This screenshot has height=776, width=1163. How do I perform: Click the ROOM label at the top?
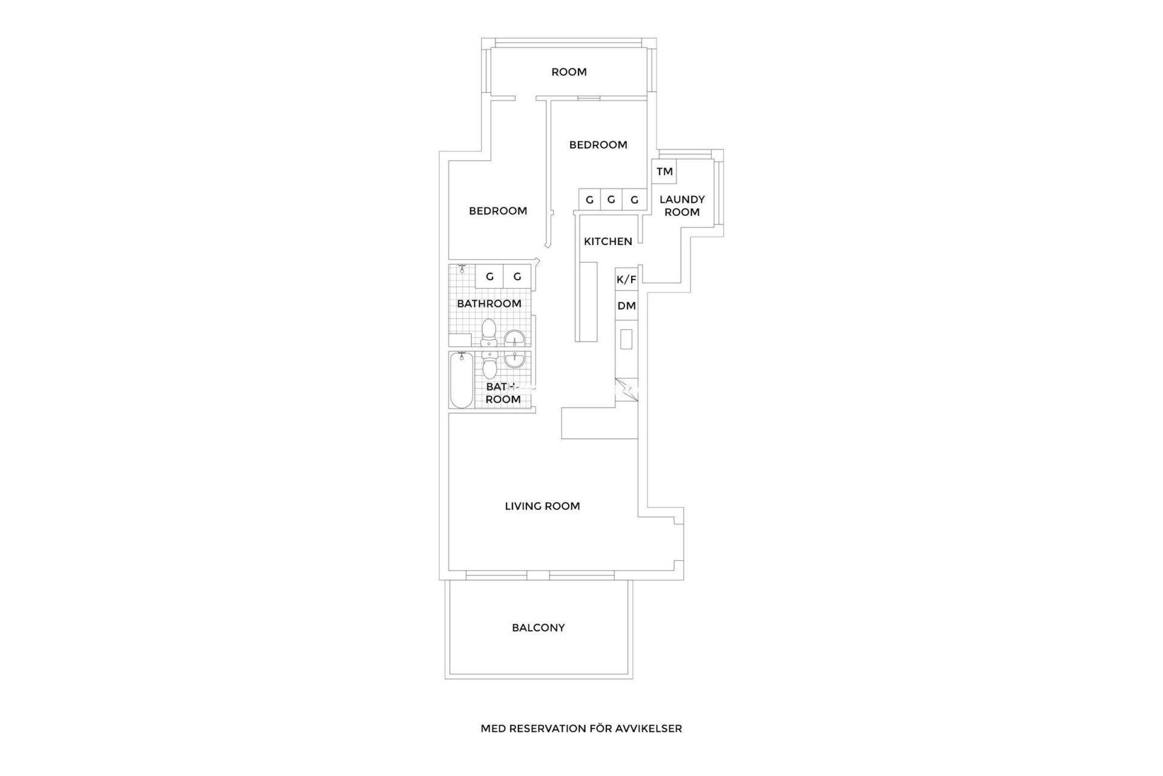pyautogui.click(x=569, y=72)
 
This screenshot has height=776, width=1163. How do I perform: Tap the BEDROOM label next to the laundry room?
pyautogui.click(x=598, y=145)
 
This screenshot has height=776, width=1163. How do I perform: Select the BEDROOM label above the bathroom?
pyautogui.click(x=498, y=211)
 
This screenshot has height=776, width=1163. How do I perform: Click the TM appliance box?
pyautogui.click(x=664, y=172)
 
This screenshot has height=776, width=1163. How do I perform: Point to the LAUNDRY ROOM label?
pyautogui.click(x=682, y=206)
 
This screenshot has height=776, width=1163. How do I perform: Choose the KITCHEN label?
pyautogui.click(x=608, y=241)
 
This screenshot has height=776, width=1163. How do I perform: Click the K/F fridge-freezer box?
pyautogui.click(x=626, y=279)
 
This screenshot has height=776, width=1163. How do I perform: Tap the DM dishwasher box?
pyautogui.click(x=626, y=306)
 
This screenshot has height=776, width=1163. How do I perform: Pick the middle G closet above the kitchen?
pyautogui.click(x=611, y=199)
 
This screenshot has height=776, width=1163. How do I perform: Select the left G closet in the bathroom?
pyautogui.click(x=489, y=276)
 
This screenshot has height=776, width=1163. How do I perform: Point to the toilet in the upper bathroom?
pyautogui.click(x=489, y=333)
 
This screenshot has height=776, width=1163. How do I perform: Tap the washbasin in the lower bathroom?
pyautogui.click(x=515, y=360)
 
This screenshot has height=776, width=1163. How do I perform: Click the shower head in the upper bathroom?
pyautogui.click(x=462, y=267)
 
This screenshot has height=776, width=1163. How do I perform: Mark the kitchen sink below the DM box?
pyautogui.click(x=626, y=339)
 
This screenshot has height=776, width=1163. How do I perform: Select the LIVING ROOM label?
pyautogui.click(x=542, y=506)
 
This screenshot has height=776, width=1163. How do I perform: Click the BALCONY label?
pyautogui.click(x=538, y=628)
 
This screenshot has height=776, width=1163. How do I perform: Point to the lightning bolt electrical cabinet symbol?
pyautogui.click(x=628, y=388)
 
